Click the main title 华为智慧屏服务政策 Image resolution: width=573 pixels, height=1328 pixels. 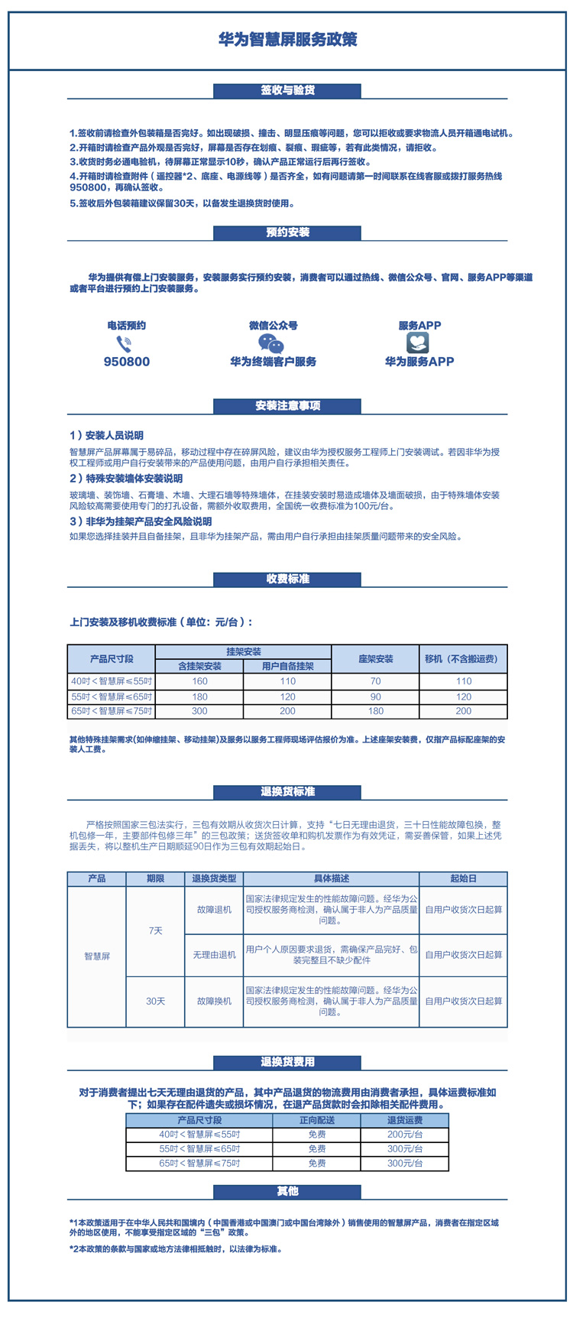point(287,40)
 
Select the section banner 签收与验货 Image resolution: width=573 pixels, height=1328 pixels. point(287,90)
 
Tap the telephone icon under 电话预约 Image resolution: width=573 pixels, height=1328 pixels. point(124,343)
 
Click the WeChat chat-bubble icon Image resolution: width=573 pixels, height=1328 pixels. point(271,343)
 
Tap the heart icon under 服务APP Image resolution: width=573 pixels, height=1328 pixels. point(418,343)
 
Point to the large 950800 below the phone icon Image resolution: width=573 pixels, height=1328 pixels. point(127,362)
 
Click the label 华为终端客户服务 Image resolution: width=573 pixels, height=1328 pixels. point(274,362)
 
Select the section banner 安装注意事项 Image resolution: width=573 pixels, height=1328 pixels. point(287,406)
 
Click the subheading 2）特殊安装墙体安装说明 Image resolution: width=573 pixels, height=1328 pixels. point(126,479)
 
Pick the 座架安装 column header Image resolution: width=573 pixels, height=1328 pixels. point(376,658)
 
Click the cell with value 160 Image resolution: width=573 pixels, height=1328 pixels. point(199,681)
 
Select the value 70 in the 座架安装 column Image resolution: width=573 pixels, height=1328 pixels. point(376,681)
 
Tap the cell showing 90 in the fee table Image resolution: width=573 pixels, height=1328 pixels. point(376,697)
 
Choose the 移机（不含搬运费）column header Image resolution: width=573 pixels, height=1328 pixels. point(464,658)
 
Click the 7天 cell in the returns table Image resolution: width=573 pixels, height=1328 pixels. point(156,930)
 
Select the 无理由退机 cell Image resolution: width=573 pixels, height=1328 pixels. point(215,955)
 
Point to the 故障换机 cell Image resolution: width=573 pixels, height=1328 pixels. point(215,1001)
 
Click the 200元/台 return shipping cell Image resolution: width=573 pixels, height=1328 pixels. point(405,1135)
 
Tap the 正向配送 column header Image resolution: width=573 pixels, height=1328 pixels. point(317,1120)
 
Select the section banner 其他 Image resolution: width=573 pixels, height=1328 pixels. point(287,1191)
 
